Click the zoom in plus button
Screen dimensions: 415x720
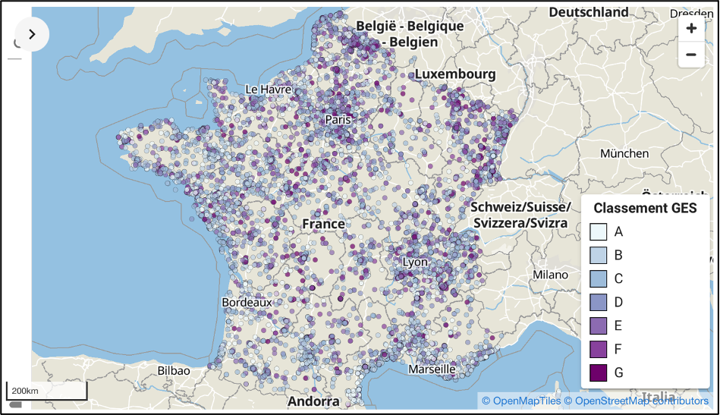coord(691,29)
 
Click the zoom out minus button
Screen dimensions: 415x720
coord(691,55)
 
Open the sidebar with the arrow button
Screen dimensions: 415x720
coord(32,34)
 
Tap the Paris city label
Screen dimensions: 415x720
coord(338,120)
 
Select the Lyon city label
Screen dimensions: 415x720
coord(415,263)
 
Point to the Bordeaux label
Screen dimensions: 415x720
coord(247,302)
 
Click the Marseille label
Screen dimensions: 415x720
coord(432,369)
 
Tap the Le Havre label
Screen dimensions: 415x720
coord(268,90)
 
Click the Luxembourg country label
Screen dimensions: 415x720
coord(454,74)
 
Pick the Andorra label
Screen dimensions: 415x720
coord(313,401)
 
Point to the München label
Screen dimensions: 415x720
coord(624,153)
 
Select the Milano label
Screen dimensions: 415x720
coord(550,275)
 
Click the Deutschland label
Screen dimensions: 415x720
coord(589,12)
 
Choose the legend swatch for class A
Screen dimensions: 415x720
coord(598,231)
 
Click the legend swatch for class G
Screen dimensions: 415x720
coord(598,373)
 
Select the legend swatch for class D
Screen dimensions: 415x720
coord(598,302)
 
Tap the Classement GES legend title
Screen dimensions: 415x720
coord(645,208)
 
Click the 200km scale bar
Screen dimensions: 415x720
coord(46,391)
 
